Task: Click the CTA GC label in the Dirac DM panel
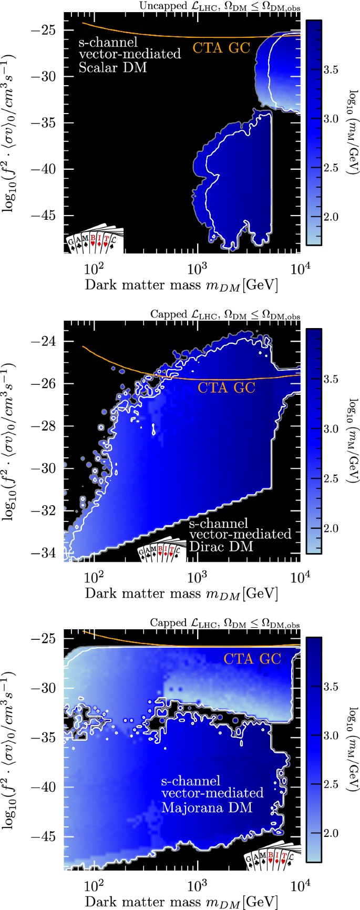coord(227,388)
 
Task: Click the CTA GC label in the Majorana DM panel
coord(252,659)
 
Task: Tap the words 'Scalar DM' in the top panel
coord(112,67)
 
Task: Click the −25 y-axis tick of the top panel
coord(48,30)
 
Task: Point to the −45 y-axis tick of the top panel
coord(48,216)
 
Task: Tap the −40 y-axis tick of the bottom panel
coord(48,787)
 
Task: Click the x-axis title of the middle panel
coord(181,594)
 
